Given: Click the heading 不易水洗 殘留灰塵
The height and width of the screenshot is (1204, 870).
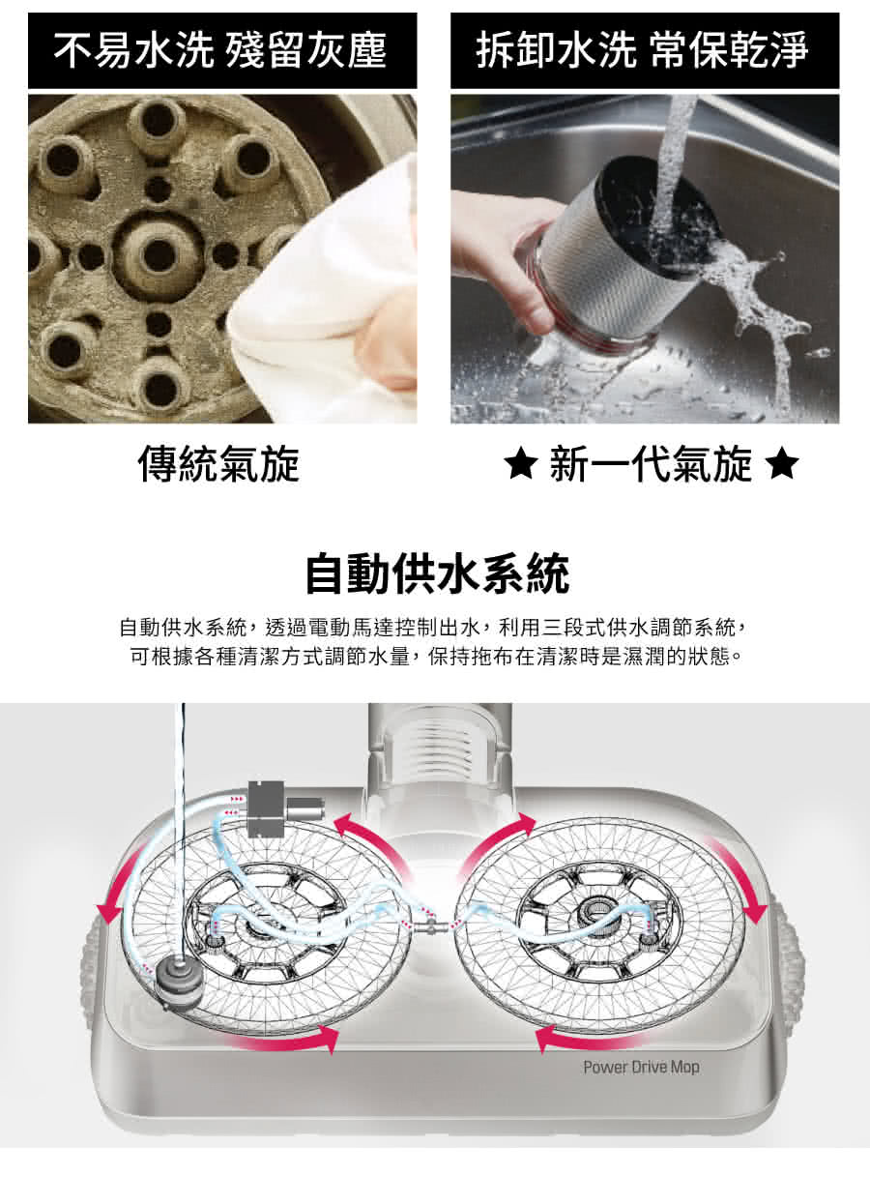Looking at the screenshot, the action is pyautogui.click(x=220, y=50).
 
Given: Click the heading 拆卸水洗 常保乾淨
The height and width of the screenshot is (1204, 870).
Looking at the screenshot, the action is pyautogui.click(x=643, y=50).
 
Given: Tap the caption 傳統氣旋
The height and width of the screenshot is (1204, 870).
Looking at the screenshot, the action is pyautogui.click(x=218, y=464).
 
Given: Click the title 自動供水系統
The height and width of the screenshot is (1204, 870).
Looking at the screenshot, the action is pyautogui.click(x=438, y=573).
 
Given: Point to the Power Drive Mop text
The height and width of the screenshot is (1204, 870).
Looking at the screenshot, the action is pyautogui.click(x=641, y=1067).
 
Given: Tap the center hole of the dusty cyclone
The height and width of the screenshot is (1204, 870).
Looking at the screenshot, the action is pyautogui.click(x=158, y=254).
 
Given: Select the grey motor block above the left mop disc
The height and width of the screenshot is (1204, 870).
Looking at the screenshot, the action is pyautogui.click(x=276, y=809).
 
